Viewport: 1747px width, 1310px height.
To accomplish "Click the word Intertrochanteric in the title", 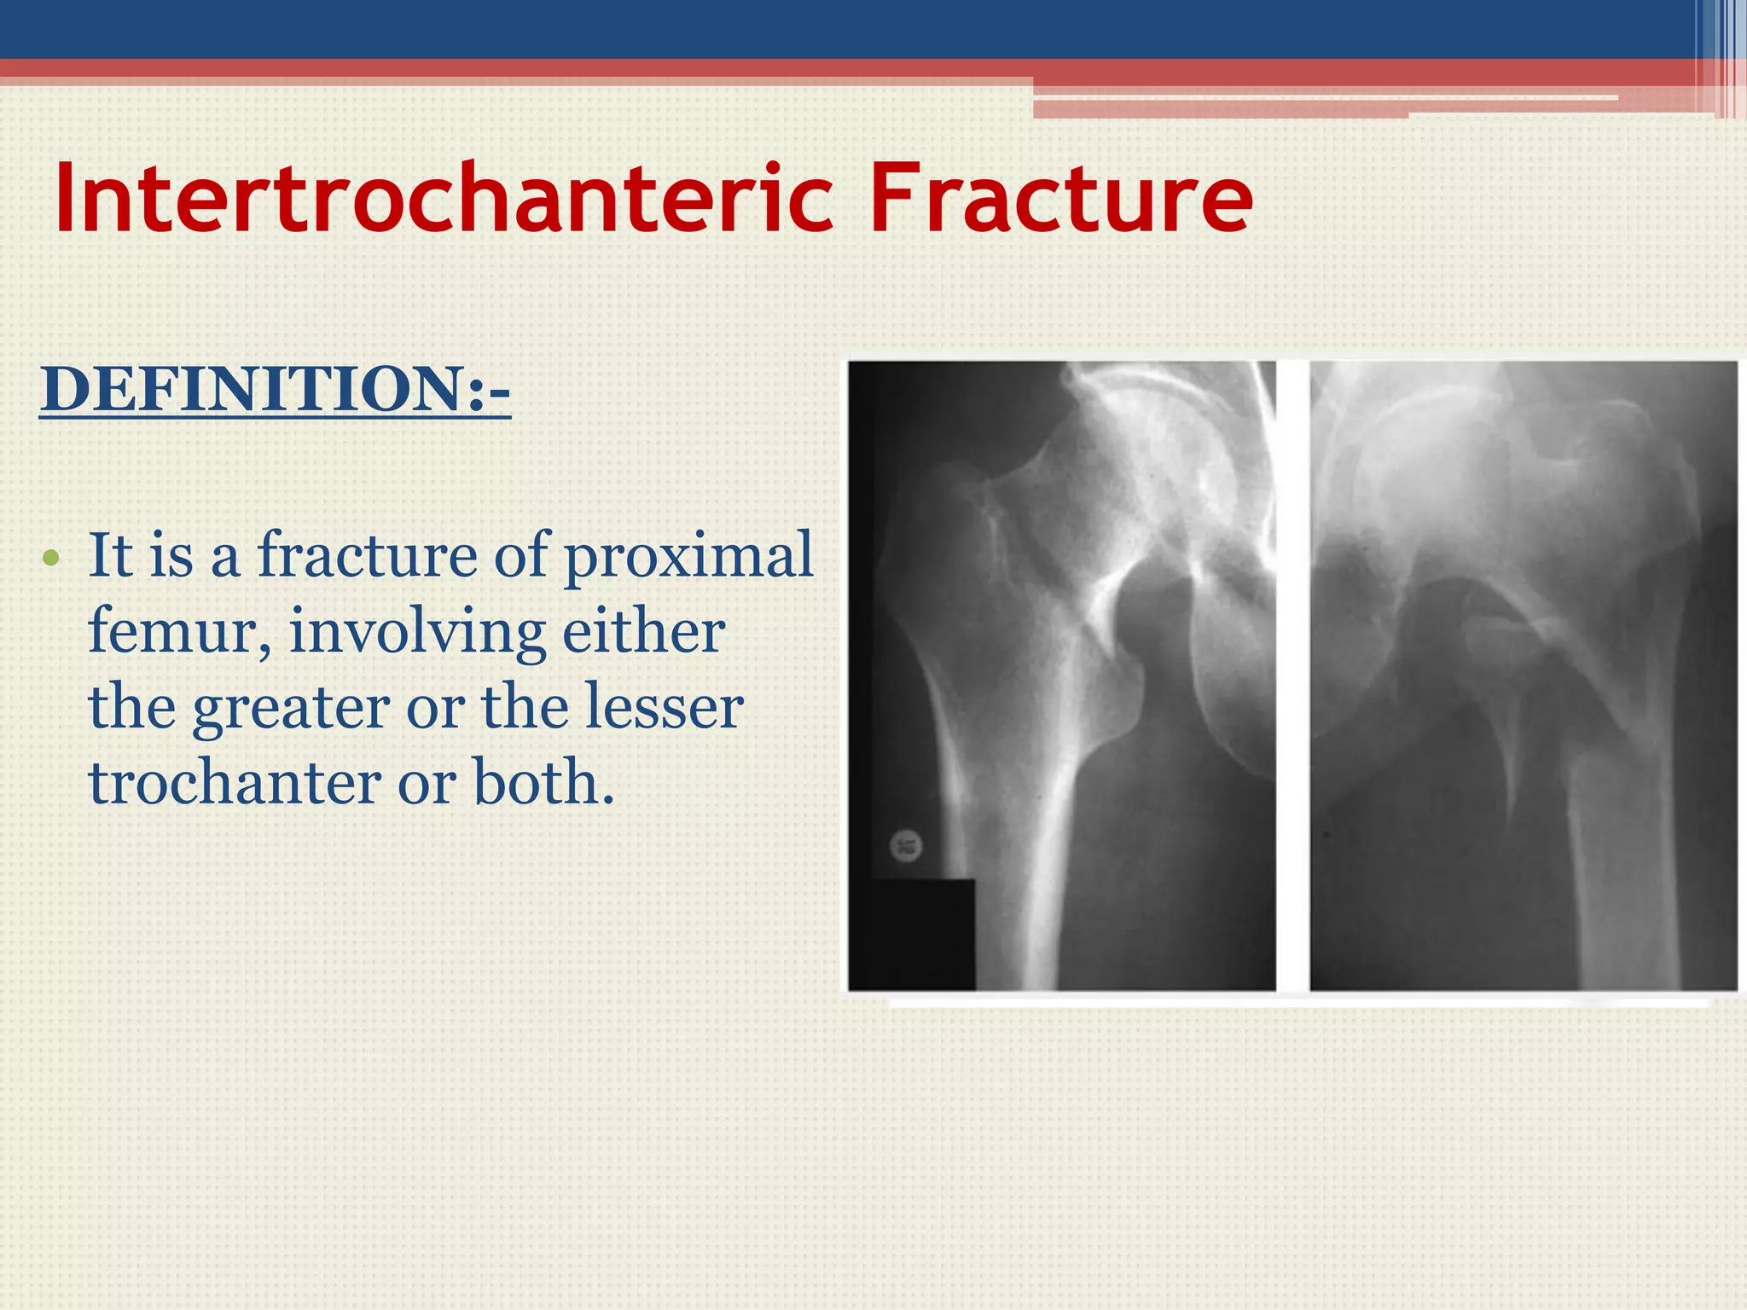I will point(444,198).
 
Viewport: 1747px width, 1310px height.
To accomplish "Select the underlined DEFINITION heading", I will point(275,390).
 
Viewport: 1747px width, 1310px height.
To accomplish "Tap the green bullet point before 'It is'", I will point(51,559).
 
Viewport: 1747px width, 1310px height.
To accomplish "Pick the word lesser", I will point(665,708).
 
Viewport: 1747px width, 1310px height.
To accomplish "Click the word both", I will point(543,783).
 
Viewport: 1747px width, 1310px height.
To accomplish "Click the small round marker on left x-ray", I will point(906,846).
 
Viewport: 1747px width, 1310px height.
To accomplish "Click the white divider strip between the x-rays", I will point(1293,674).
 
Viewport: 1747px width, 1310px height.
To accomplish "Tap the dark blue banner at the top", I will point(853,28).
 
